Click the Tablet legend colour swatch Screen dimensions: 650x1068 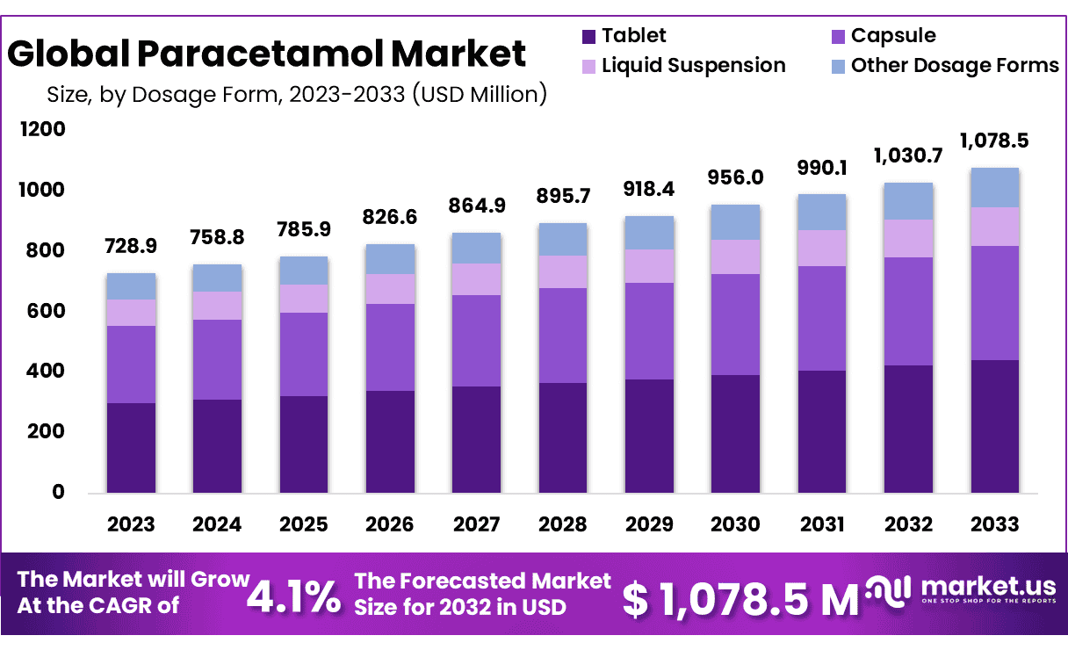pyautogui.click(x=588, y=36)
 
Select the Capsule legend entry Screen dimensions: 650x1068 pyautogui.click(x=892, y=36)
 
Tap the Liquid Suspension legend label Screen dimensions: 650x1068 pyautogui.click(x=693, y=66)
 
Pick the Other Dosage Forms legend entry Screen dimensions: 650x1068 pyautogui.click(x=954, y=66)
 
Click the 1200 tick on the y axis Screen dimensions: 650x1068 pyautogui.click(x=43, y=130)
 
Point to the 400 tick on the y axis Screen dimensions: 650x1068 pyautogui.click(x=47, y=372)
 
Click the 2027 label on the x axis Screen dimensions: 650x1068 pyautogui.click(x=476, y=524)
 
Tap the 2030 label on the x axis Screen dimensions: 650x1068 pyautogui.click(x=736, y=524)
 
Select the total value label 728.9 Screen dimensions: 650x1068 pyautogui.click(x=132, y=245)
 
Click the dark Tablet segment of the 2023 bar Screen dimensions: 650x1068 pyautogui.click(x=131, y=448)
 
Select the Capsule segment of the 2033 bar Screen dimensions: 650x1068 pyautogui.click(x=995, y=303)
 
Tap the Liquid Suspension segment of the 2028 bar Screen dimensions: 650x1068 pyautogui.click(x=563, y=271)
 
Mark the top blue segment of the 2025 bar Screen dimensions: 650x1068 pyautogui.click(x=304, y=271)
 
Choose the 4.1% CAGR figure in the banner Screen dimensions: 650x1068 pyautogui.click(x=293, y=597)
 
